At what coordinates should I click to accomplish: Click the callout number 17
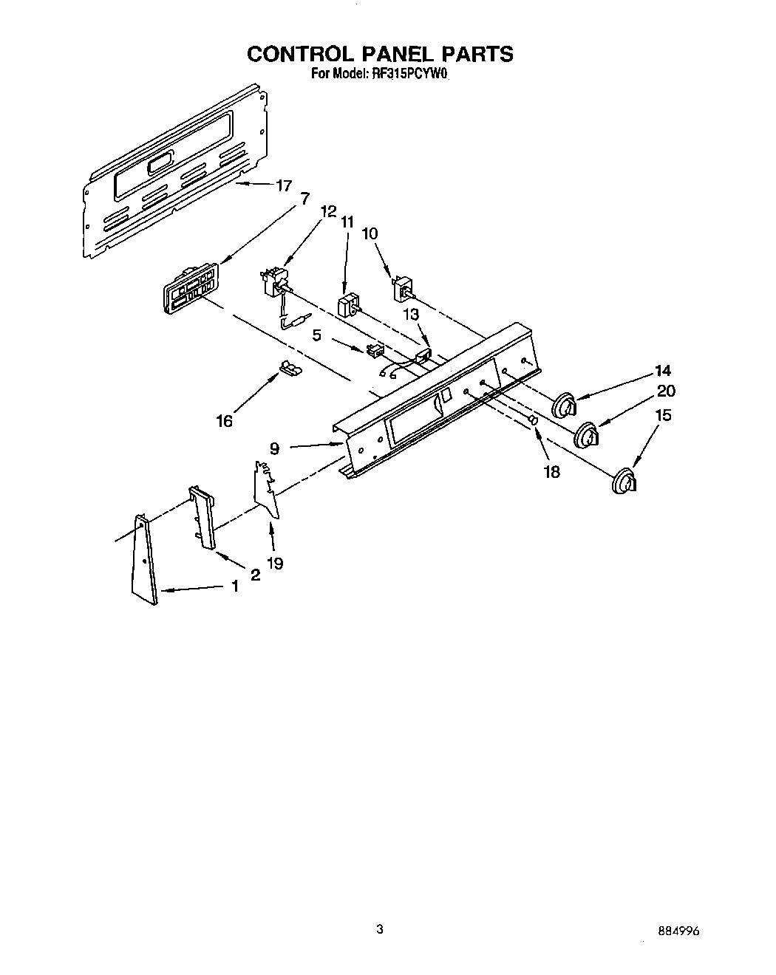[284, 186]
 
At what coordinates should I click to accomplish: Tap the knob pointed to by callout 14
[565, 406]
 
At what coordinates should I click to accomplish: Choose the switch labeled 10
[401, 287]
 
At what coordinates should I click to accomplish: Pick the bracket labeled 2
[202, 518]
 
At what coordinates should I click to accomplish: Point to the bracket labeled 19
[268, 489]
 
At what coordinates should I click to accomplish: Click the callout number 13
[411, 314]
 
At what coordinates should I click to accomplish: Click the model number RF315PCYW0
[408, 74]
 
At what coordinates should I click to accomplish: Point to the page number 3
[380, 929]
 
